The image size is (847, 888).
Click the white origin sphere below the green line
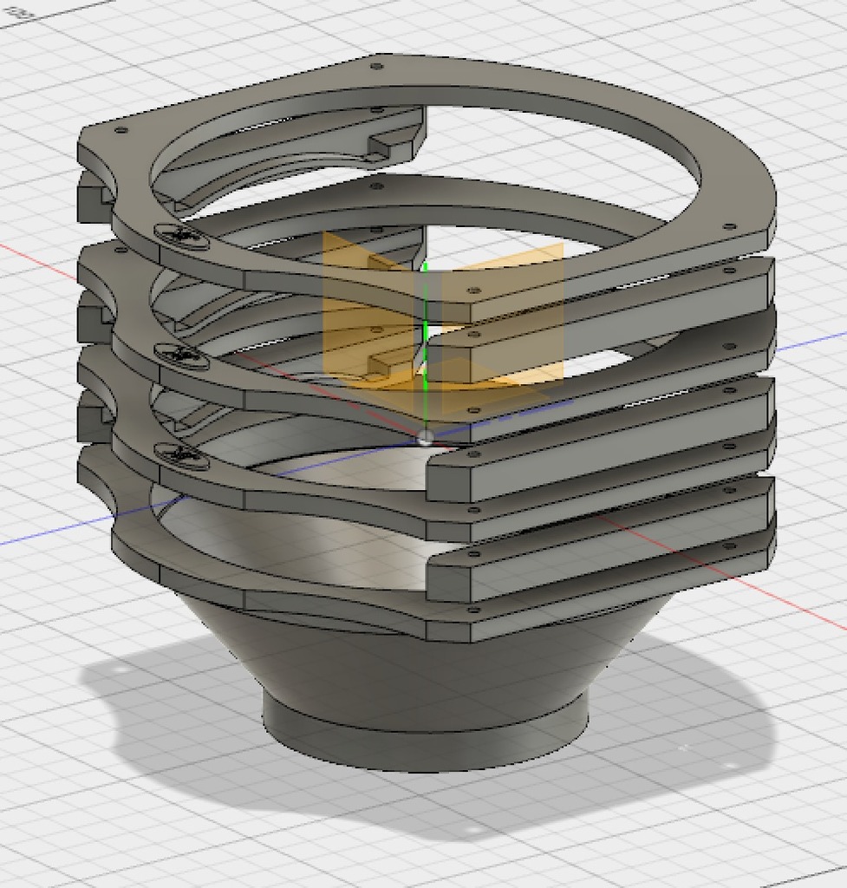424,437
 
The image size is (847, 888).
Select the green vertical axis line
426,347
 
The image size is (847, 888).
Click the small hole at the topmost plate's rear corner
376,66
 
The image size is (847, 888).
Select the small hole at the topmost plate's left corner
121,130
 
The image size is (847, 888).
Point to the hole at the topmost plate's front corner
472,291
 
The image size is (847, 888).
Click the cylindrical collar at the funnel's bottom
425,741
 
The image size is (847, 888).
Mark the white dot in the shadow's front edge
472,831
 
